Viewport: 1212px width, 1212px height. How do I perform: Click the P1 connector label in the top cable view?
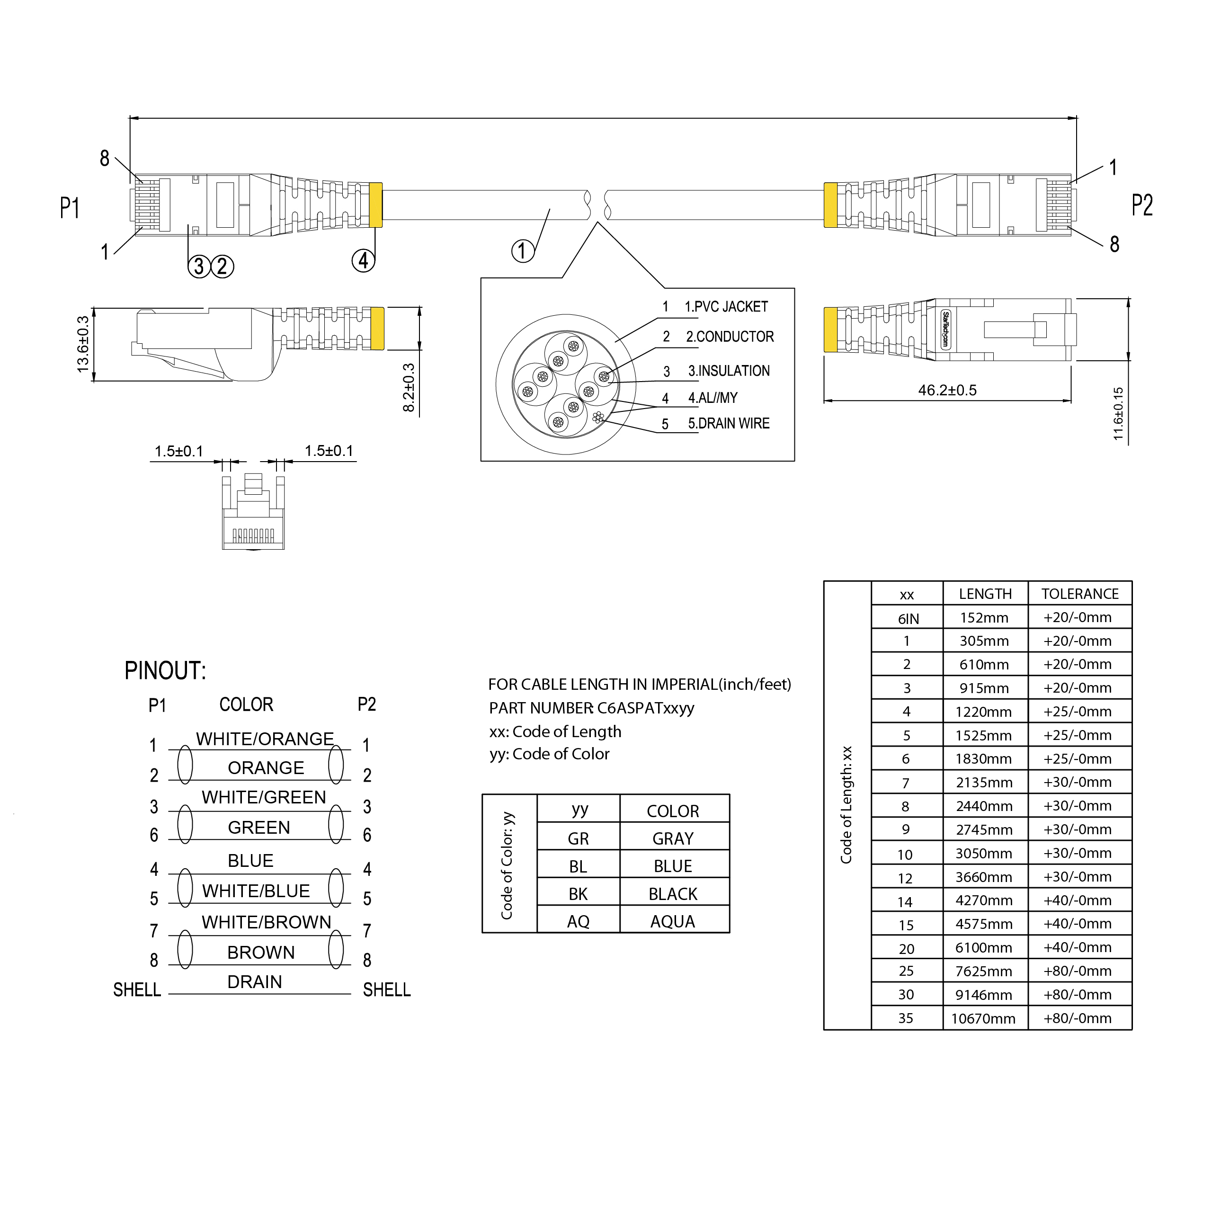pos(70,208)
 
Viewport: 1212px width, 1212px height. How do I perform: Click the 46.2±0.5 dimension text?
pos(947,390)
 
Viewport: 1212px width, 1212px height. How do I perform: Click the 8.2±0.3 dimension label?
pos(409,388)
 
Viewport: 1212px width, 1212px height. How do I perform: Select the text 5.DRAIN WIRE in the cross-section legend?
pos(728,423)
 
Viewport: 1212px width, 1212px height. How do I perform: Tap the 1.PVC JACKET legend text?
pos(726,307)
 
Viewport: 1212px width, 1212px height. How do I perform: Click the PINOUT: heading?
pos(165,670)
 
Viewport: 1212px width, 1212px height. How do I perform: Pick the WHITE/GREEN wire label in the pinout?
pos(264,797)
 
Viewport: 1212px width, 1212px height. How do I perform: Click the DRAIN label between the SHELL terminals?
pos(255,982)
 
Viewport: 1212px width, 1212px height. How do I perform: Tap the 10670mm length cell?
pos(983,1019)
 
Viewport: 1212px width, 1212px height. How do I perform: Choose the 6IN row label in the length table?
pos(908,619)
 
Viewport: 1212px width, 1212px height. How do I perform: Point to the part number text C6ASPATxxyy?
pos(645,708)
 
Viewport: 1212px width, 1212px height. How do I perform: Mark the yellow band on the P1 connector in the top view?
pos(376,205)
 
